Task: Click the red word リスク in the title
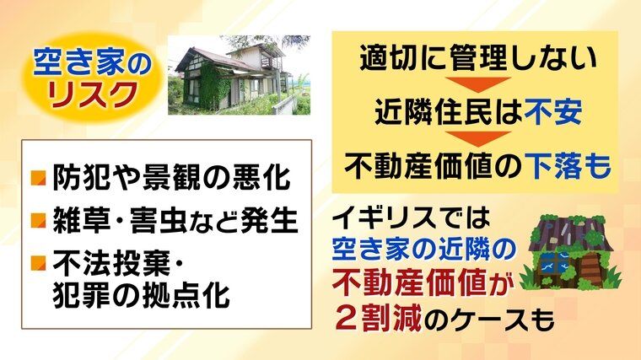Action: coord(91,94)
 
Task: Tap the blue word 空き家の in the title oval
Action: coord(92,62)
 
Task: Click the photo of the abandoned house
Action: coord(240,75)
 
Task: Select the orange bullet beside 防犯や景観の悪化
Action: coord(39,178)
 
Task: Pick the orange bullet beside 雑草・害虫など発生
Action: coord(39,220)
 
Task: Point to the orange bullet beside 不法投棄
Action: coord(39,263)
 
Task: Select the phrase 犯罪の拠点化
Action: coord(141,294)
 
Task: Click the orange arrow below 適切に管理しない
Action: coord(477,84)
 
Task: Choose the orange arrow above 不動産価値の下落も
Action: coord(477,138)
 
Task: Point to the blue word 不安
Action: coord(553,111)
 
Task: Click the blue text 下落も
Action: coord(568,165)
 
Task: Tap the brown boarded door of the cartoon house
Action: coord(590,271)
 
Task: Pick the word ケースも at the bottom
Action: coord(498,320)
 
